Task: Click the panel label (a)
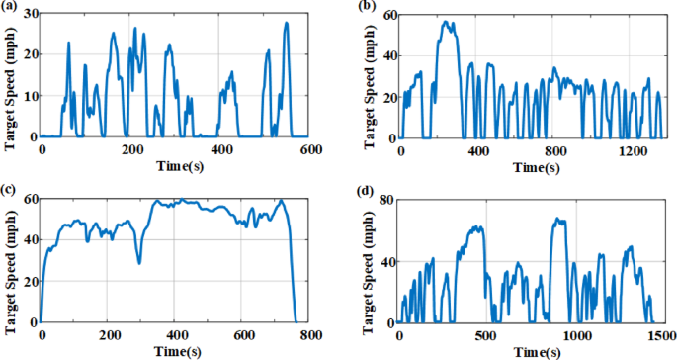(x=11, y=8)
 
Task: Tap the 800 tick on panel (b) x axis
(x=554, y=150)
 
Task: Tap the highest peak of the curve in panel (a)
(x=287, y=23)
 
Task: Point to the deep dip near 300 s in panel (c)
(x=139, y=262)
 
